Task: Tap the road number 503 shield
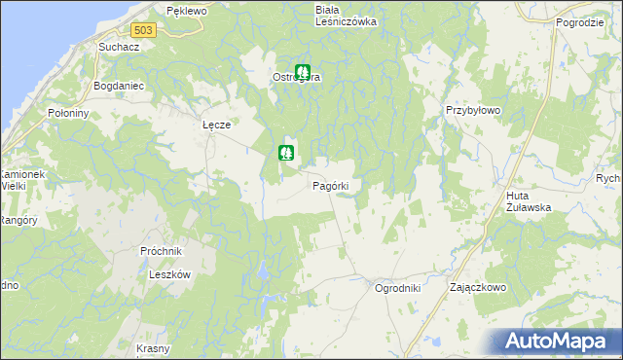(x=144, y=31)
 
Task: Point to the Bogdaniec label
(x=119, y=86)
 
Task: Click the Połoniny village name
(x=68, y=113)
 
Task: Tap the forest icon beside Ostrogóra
(x=303, y=71)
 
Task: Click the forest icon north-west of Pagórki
(x=285, y=152)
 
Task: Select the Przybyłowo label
(x=472, y=111)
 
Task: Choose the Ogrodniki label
(x=397, y=288)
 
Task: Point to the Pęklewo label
(x=187, y=10)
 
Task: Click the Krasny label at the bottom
(x=154, y=348)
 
